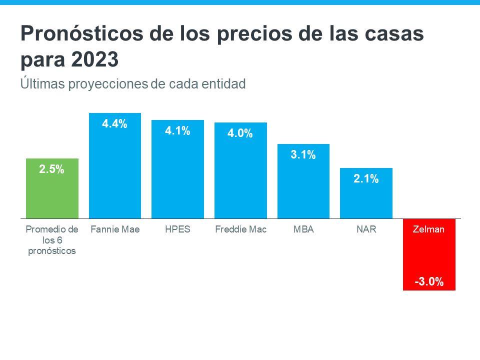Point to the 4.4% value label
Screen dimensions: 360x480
pyautogui.click(x=115, y=124)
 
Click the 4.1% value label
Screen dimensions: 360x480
pyautogui.click(x=177, y=131)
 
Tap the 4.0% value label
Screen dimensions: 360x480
pyautogui.click(x=240, y=133)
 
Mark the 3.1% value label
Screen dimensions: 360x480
pyautogui.click(x=303, y=155)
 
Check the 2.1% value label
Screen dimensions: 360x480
pyautogui.click(x=366, y=179)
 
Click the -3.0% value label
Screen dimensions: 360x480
pyautogui.click(x=429, y=281)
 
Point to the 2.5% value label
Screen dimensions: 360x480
pyautogui.click(x=52, y=169)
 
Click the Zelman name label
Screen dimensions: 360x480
pyautogui.click(x=429, y=229)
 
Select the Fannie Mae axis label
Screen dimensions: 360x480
pyautogui.click(x=115, y=229)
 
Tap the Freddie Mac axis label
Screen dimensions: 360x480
pyautogui.click(x=240, y=229)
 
